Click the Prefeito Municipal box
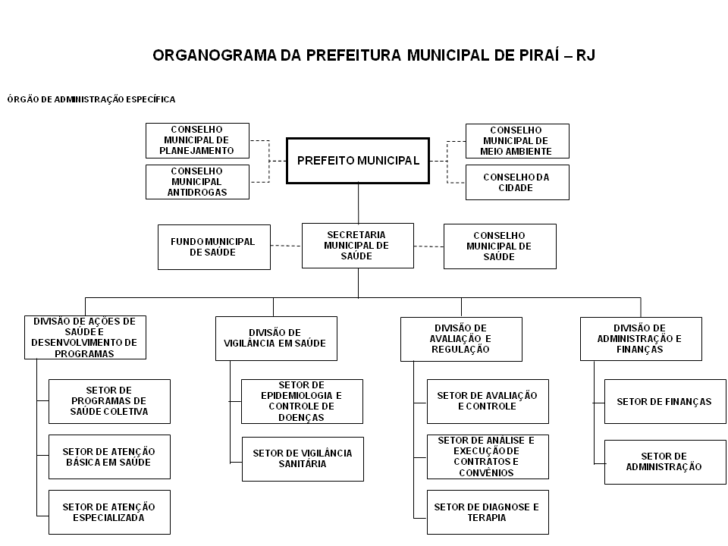(357, 161)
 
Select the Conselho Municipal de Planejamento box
(197, 141)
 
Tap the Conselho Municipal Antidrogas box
(197, 182)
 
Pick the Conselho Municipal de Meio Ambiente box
(517, 141)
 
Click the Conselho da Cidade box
(517, 183)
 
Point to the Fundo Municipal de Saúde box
(214, 247)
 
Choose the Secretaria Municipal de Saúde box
(357, 246)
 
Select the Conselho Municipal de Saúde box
(500, 246)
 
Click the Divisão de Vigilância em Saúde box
(276, 338)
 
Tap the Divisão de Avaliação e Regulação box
(461, 339)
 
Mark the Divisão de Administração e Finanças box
(641, 339)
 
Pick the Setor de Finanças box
(665, 402)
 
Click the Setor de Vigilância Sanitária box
(303, 459)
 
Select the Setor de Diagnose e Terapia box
(488, 512)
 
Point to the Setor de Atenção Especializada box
(109, 512)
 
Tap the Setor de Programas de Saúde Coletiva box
(109, 401)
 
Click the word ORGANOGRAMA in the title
(214, 55)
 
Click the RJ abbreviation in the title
(585, 55)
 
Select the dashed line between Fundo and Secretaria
(286, 246)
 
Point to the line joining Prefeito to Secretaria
(358, 203)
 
